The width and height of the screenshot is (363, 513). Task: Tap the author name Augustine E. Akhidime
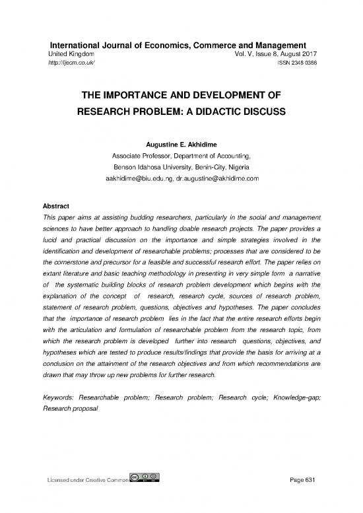181,143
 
